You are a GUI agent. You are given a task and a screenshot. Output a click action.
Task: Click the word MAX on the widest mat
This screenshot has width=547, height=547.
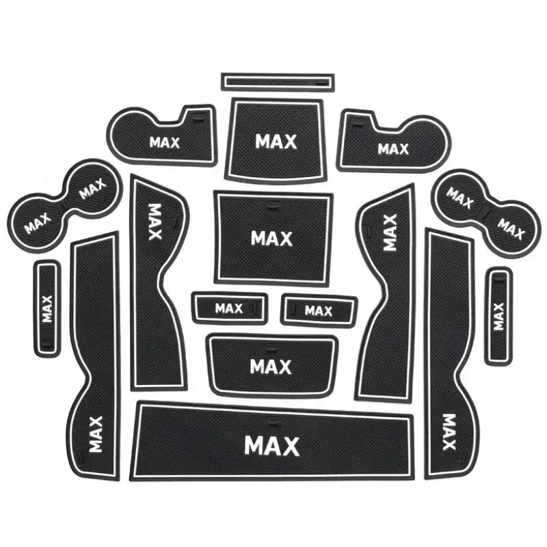tap(272, 446)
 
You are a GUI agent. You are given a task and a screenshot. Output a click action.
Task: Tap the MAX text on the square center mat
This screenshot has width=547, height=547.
tap(271, 239)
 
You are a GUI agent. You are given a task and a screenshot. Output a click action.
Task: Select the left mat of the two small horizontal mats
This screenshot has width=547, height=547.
tap(229, 308)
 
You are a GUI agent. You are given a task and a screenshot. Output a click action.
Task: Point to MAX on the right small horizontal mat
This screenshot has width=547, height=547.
tap(318, 310)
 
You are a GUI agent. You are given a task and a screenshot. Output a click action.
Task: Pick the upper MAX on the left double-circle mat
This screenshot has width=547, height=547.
tap(92, 188)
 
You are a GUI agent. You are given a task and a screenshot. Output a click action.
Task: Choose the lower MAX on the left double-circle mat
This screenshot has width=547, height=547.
tap(38, 223)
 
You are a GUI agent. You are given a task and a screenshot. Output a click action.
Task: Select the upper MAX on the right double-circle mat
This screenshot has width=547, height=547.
tap(459, 198)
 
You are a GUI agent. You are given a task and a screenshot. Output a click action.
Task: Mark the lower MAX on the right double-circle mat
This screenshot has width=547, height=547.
tap(511, 228)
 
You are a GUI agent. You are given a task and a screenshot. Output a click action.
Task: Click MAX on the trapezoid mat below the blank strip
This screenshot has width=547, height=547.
tap(276, 142)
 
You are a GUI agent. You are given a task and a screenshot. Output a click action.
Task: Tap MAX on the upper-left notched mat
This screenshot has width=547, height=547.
tap(164, 143)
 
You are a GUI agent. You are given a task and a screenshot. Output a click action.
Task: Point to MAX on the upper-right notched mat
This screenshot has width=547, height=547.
tap(392, 148)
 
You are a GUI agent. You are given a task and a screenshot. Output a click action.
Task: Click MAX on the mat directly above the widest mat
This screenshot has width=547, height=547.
tap(270, 366)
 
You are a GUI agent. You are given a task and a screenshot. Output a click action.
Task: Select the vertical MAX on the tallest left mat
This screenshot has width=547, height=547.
tap(95, 433)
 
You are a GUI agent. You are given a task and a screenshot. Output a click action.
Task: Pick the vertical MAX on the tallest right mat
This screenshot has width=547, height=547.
tap(449, 431)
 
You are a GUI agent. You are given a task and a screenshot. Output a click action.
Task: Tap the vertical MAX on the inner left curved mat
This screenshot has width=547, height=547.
tap(155, 222)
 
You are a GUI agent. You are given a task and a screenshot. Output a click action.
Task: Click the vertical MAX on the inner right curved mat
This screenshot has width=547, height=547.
tap(390, 232)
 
